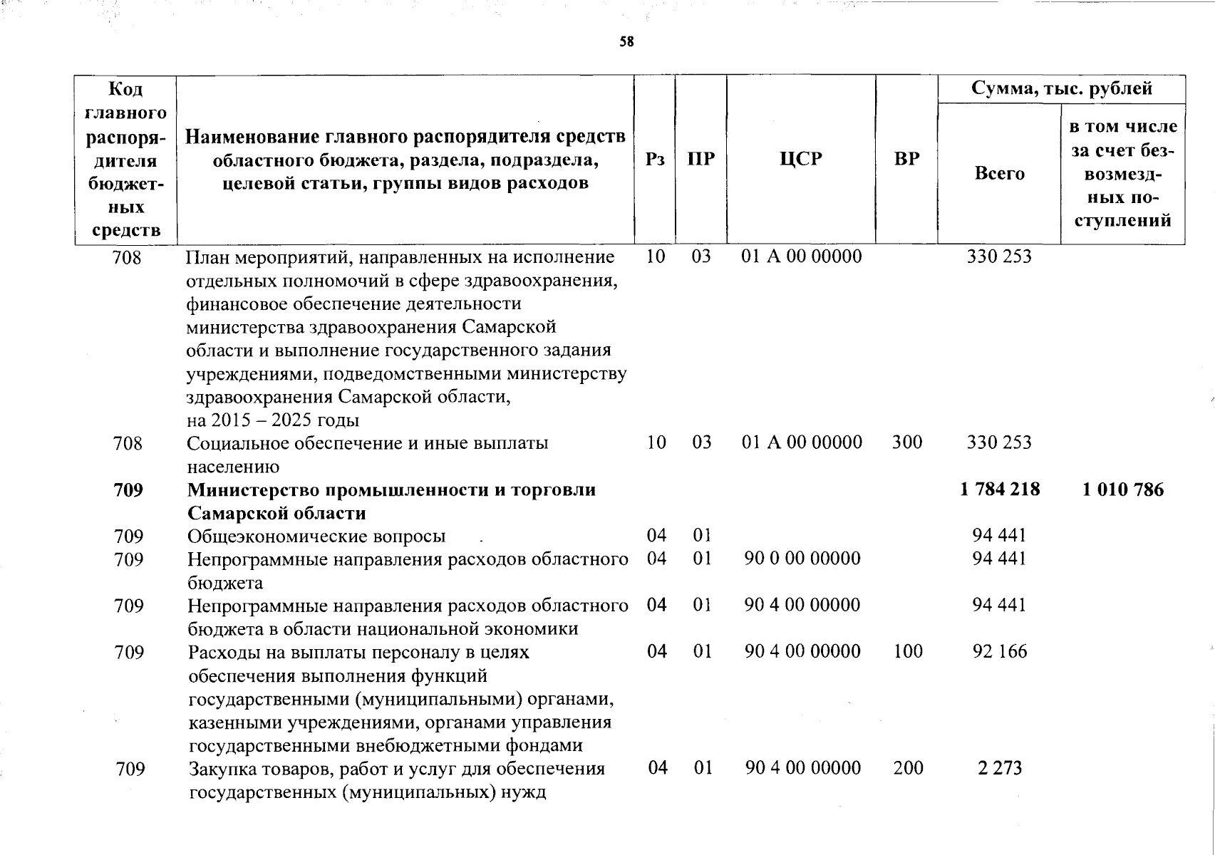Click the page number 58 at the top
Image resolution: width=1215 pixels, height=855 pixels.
point(626,42)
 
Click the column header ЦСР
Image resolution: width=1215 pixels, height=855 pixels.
point(801,159)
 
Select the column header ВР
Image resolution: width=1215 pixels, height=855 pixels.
point(906,159)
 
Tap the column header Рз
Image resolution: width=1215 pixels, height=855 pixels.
point(655,159)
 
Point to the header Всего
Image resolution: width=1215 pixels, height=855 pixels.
point(999,173)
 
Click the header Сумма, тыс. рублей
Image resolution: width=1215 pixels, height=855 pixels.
point(1061,89)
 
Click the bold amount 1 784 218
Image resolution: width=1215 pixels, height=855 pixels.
point(1000,489)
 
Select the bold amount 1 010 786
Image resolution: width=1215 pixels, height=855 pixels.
point(1123,489)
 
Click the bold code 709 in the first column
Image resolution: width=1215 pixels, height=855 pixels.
point(128,490)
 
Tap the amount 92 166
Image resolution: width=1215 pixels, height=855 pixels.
point(1000,651)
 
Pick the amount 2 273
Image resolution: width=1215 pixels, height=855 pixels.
point(1000,768)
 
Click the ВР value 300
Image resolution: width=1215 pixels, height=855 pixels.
point(907,442)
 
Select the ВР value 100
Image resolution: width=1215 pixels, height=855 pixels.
point(908,651)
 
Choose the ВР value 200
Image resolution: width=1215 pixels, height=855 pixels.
point(908,768)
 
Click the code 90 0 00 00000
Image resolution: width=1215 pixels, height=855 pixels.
point(802,559)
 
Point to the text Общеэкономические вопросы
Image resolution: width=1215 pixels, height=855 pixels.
point(316,536)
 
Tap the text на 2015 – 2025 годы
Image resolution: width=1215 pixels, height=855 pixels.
point(273,420)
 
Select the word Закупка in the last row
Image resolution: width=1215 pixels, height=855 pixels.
point(222,769)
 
